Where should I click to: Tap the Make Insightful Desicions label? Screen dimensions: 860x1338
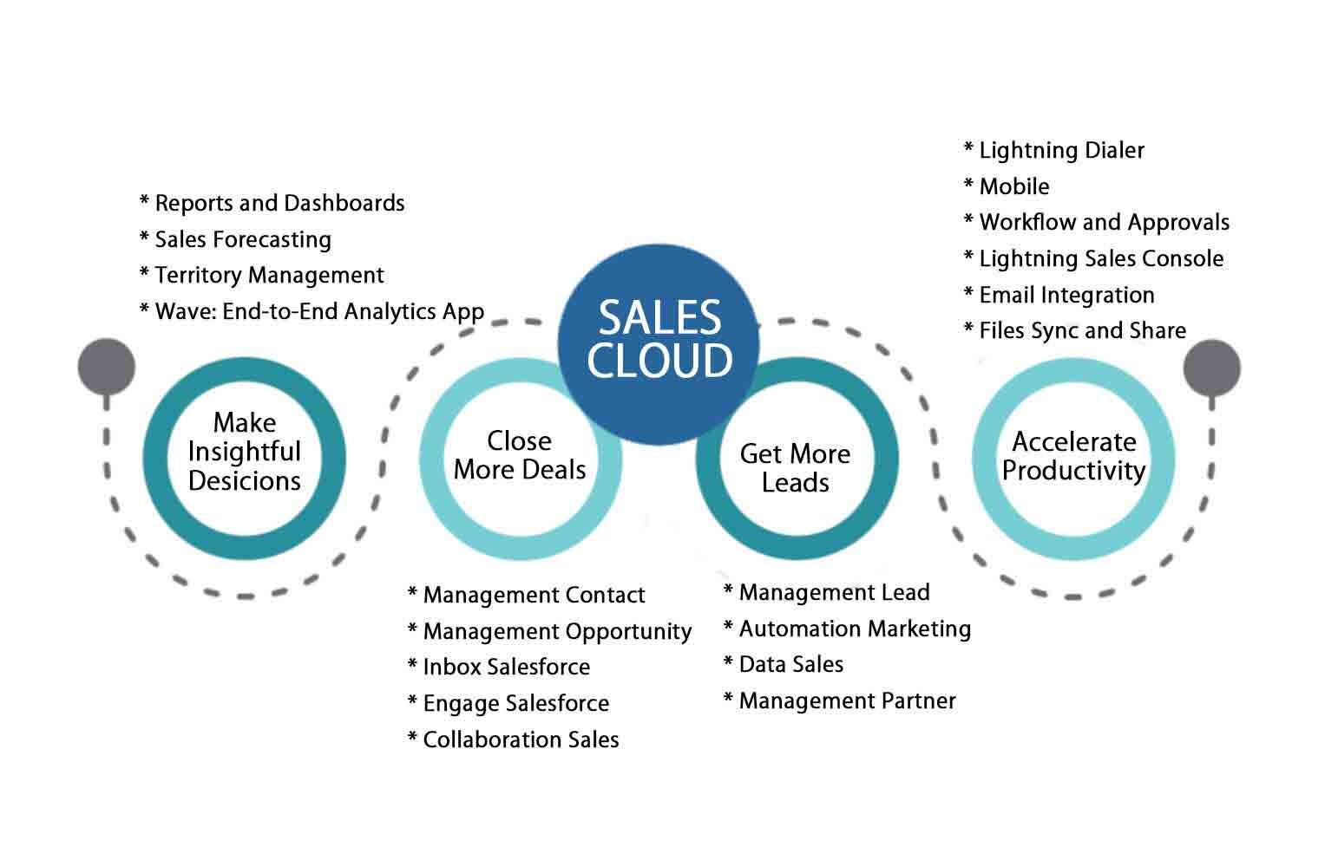coord(245,453)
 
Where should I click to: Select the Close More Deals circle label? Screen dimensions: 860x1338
coord(520,455)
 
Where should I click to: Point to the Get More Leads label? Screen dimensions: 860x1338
coord(795,468)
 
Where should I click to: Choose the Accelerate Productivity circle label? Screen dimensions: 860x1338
coord(1073,456)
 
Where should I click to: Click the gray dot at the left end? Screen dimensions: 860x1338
coord(107,366)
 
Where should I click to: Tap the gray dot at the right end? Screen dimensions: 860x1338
coord(1211,368)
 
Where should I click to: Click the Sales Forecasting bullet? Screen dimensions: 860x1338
coord(235,240)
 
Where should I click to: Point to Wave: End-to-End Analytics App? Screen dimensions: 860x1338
coord(312,312)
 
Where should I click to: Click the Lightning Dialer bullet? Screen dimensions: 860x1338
coord(1054,151)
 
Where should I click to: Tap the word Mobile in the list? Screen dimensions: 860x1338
coord(1013,187)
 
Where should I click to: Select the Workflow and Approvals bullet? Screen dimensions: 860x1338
coord(1097,223)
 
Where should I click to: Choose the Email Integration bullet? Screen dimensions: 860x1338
coord(1059,296)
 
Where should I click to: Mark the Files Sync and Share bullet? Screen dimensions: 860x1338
coord(1075,331)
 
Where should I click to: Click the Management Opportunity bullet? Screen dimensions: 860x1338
coord(550,632)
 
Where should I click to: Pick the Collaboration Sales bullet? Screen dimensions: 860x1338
coord(514,740)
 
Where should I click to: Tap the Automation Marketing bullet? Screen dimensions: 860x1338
coord(847,629)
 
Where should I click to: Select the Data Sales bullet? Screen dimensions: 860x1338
coord(784,665)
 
